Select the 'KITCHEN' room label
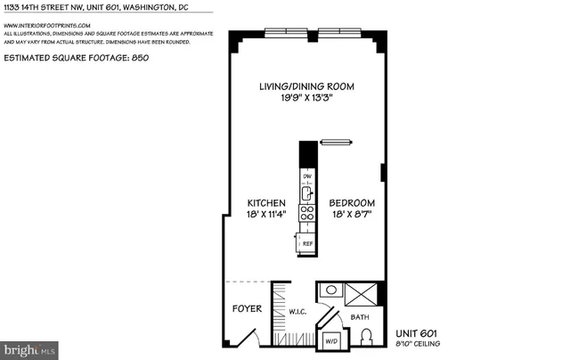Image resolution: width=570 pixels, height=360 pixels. pos(266,203)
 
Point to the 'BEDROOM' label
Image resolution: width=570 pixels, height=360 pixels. pos(352,203)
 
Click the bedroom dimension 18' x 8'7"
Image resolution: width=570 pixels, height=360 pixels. pos(352,215)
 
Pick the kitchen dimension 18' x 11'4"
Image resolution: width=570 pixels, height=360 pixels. pos(266,215)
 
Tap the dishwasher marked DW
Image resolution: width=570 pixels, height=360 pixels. pos(306,176)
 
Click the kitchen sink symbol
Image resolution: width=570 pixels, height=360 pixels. pos(306,193)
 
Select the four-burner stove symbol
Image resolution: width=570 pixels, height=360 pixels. pos(306,213)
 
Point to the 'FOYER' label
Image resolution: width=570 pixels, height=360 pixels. pos(247,309)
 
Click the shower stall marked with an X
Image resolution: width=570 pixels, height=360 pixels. pos(360,294)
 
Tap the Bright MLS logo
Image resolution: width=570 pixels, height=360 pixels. pos(29,349)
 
